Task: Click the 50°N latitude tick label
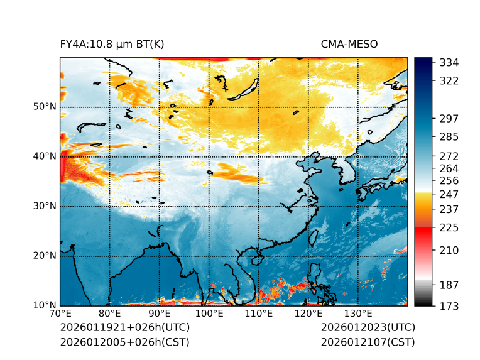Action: coord(45,107)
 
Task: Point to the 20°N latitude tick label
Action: coord(45,256)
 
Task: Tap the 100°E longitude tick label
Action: coord(209,313)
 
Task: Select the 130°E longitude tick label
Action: coord(358,313)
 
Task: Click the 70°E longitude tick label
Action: coord(60,313)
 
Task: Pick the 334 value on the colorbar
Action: coord(449,63)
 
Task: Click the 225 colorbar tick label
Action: coord(449,227)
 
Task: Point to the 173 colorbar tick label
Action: coord(449,306)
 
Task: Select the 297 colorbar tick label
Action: coord(449,118)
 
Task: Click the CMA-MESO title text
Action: coord(349,44)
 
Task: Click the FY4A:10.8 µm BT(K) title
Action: coord(112,44)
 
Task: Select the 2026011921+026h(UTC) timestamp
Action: coord(124,327)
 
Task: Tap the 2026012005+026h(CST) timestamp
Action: coord(124,342)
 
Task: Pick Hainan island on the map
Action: coord(256,259)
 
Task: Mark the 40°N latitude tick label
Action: coord(45,156)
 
